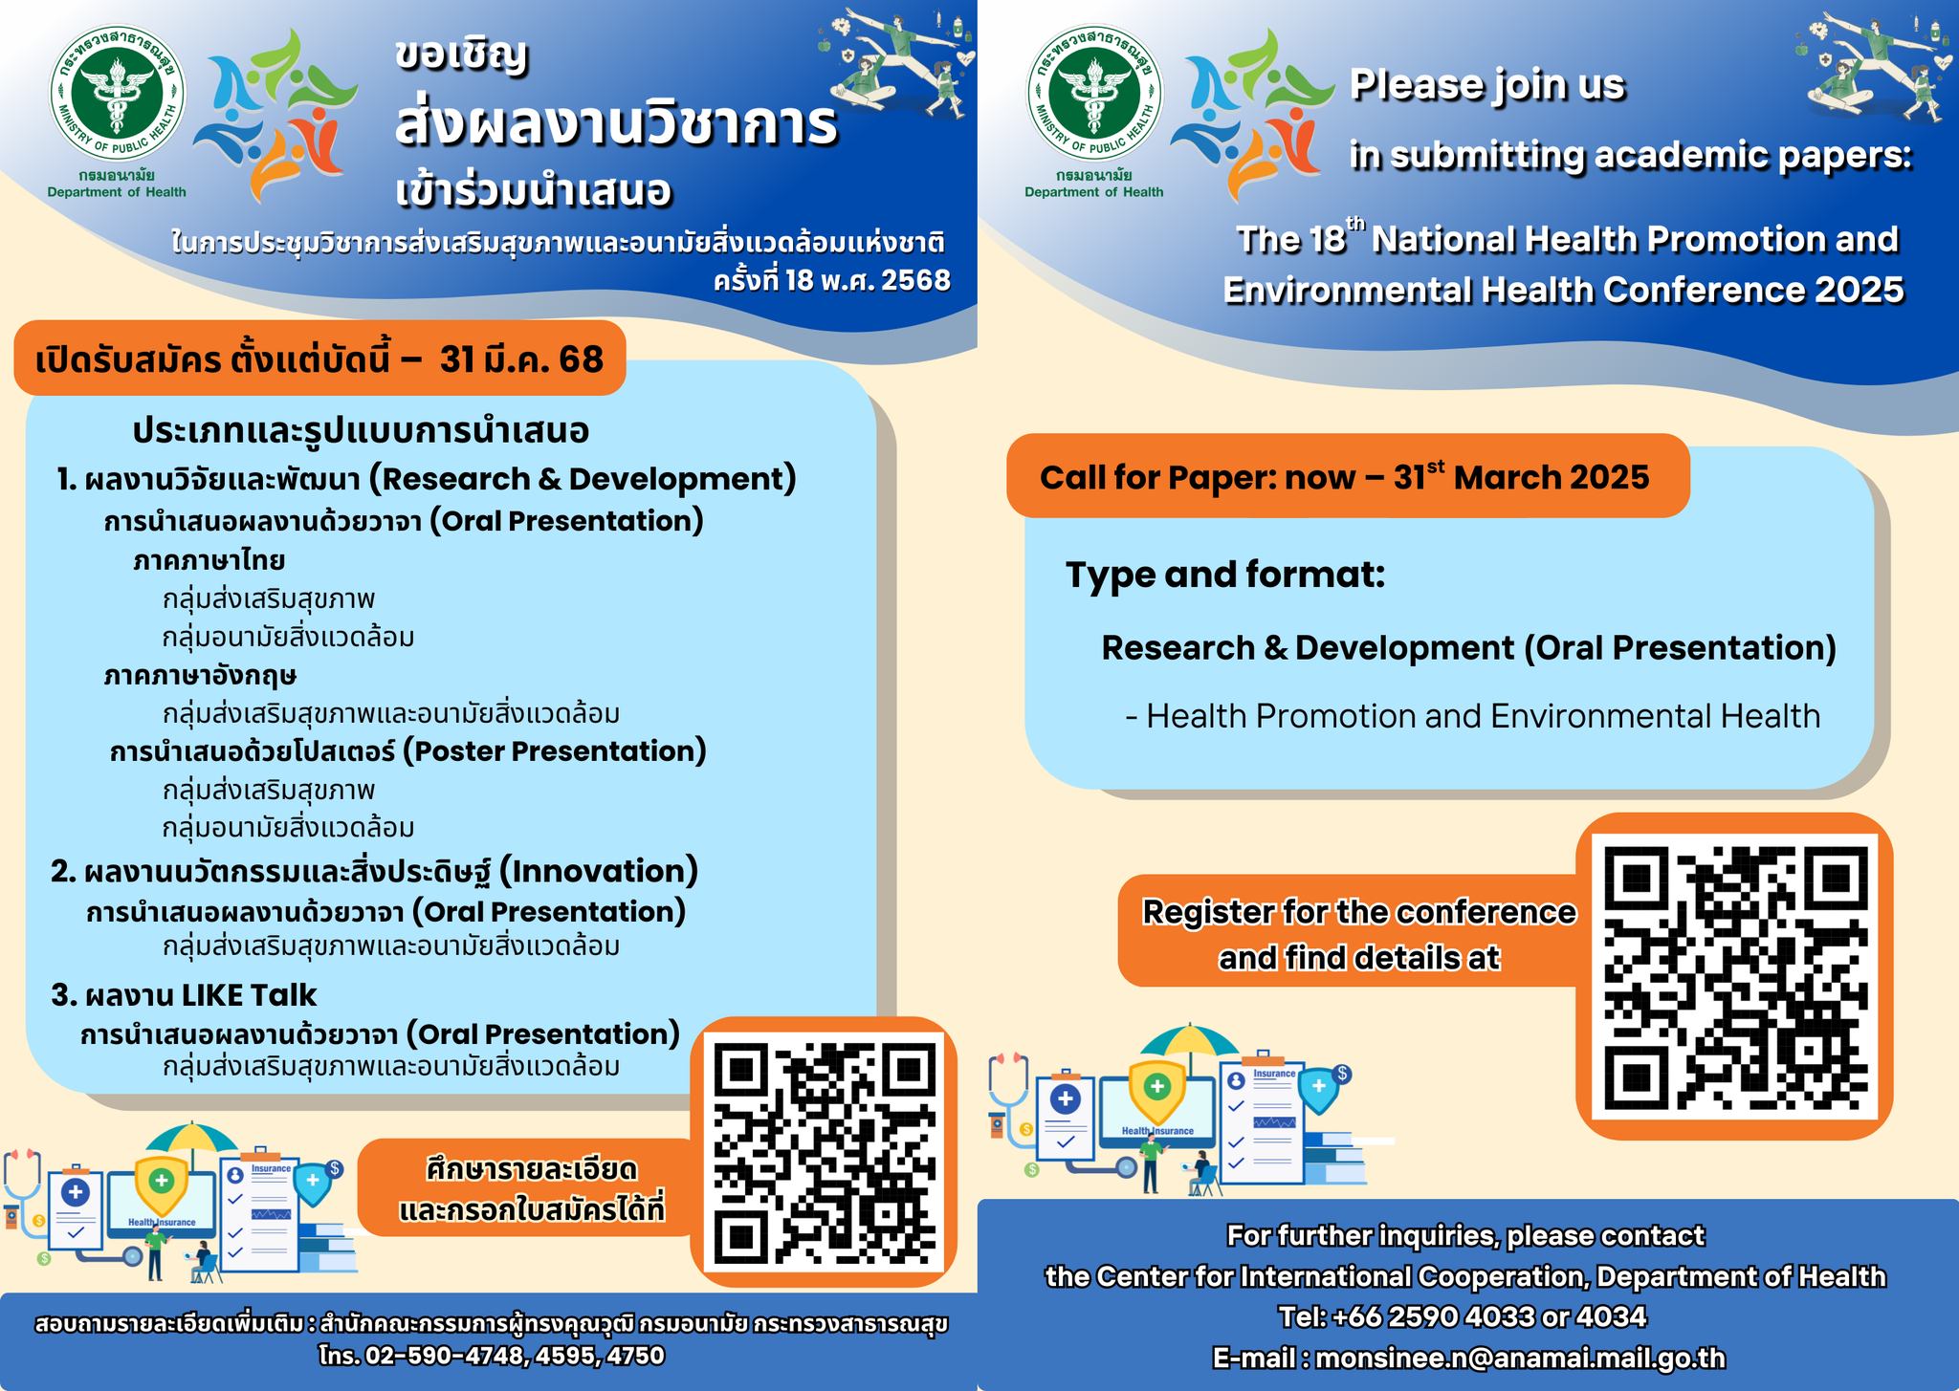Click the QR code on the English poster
1734,977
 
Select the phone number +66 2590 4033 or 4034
1464,1316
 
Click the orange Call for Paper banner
1347,476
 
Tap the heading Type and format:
1225,575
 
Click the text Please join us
1487,84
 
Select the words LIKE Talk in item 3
250,994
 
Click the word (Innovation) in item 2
599,871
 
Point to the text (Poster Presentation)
554,750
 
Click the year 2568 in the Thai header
915,280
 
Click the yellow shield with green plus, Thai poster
162,1185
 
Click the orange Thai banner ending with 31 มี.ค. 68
319,359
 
